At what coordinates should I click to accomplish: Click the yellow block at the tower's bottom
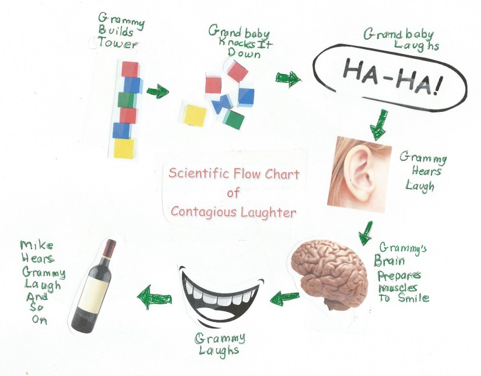[124, 148]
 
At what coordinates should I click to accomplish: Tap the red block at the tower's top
[130, 69]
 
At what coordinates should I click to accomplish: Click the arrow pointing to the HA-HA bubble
[288, 79]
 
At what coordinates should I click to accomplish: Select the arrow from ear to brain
[366, 231]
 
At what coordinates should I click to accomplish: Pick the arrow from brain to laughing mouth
[285, 297]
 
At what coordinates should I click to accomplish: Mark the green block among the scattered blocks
[234, 119]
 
